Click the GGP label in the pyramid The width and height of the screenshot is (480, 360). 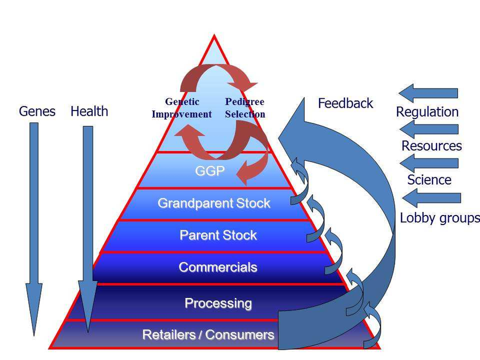210,171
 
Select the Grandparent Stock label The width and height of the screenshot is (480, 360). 214,203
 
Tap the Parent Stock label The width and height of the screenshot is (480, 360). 218,235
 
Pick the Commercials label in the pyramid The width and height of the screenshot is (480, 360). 218,267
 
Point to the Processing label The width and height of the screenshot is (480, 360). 218,303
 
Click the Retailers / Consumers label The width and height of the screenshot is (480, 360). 208,335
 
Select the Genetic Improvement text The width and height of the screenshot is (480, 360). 182,108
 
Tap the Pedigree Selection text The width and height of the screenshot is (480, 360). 245,108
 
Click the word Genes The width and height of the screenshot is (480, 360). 37,111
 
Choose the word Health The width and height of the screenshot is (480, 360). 89,111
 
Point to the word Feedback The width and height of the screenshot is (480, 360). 346,103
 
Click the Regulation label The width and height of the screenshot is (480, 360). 427,112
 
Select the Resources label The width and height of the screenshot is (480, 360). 431,146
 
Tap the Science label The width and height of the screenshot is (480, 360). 429,180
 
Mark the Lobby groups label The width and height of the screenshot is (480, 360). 439,218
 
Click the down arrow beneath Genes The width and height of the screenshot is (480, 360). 34,226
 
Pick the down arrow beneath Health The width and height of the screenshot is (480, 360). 88,226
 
